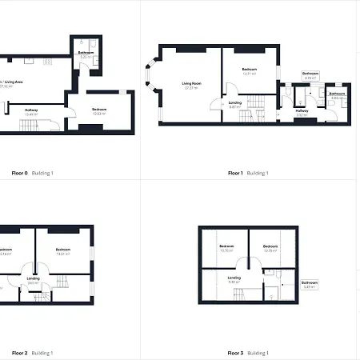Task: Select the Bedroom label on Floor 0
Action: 99,110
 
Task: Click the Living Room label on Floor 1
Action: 190,85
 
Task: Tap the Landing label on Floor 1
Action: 235,104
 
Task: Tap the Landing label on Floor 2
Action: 34,279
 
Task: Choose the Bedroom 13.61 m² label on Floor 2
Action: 64,251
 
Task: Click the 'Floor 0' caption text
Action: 19,173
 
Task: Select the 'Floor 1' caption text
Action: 235,173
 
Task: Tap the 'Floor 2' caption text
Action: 19,353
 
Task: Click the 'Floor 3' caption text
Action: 235,353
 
